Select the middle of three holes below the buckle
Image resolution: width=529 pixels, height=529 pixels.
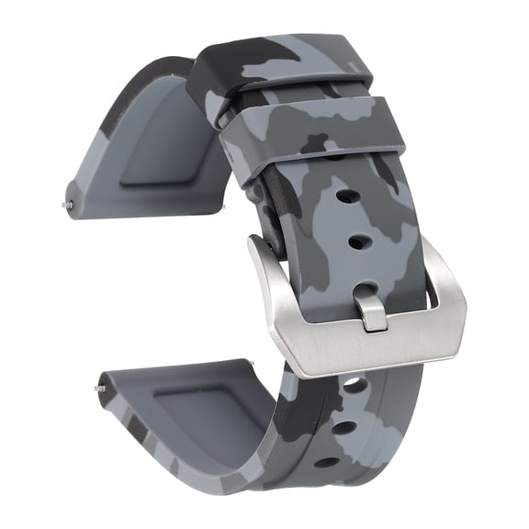click(342, 426)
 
